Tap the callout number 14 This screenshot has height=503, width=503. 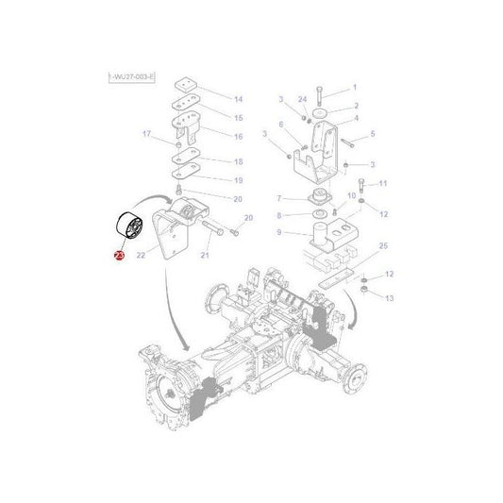pyautogui.click(x=238, y=99)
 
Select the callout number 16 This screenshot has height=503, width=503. pyautogui.click(x=238, y=136)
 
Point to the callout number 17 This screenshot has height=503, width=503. pyautogui.click(x=145, y=134)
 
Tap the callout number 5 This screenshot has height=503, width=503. pyautogui.click(x=373, y=134)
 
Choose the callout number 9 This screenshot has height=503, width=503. pyautogui.click(x=280, y=231)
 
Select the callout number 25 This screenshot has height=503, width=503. pyautogui.click(x=381, y=247)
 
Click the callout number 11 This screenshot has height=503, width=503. pyautogui.click(x=382, y=182)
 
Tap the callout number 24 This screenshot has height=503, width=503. pyautogui.click(x=302, y=99)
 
